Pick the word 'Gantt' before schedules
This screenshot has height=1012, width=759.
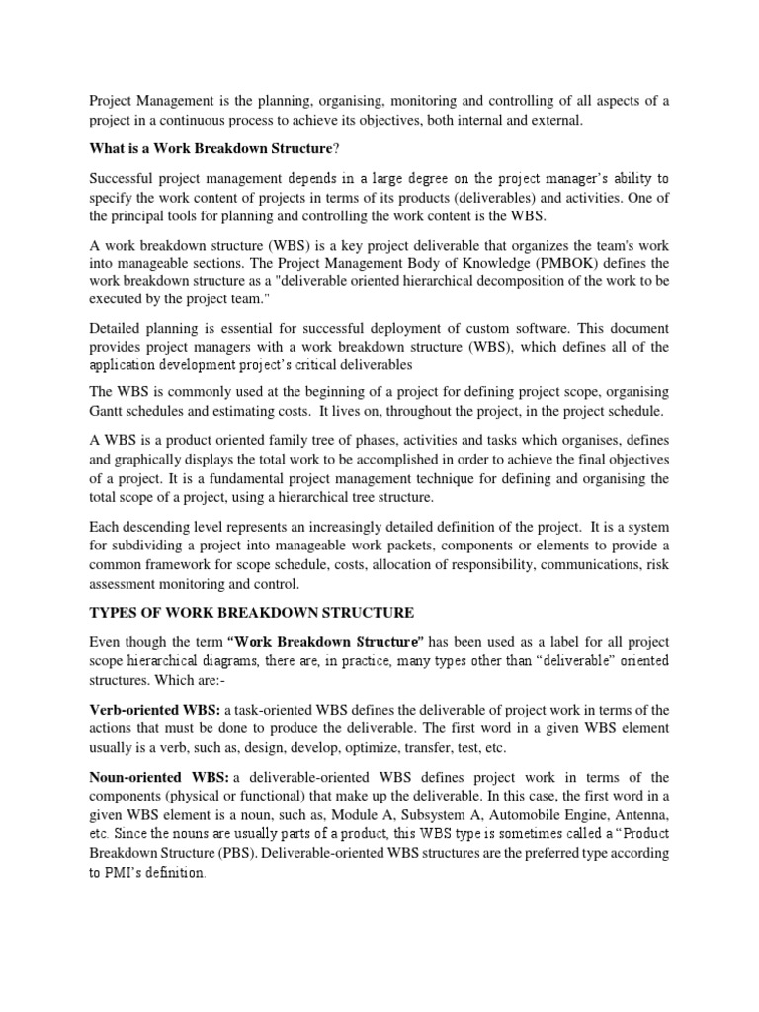(x=109, y=439)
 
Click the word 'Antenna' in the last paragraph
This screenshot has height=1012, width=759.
(x=640, y=815)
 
